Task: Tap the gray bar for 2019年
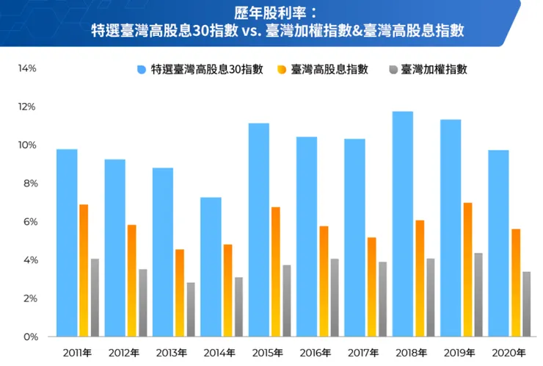tap(478, 295)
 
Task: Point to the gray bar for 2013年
tap(191, 309)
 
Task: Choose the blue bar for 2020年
tap(498, 243)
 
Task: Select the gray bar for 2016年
tap(335, 298)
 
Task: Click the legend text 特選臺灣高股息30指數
tap(207, 70)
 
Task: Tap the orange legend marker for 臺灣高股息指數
tap(282, 70)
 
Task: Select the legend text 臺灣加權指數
tap(434, 70)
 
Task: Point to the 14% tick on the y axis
tap(27, 68)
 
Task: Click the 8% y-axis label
tap(29, 184)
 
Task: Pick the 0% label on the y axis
tap(29, 337)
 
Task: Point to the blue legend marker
tap(142, 70)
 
